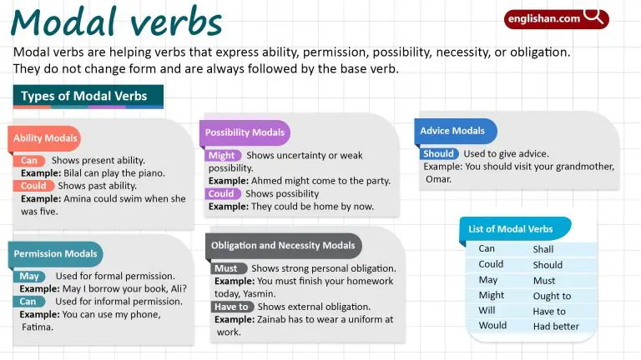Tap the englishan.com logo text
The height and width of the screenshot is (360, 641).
pyautogui.click(x=543, y=17)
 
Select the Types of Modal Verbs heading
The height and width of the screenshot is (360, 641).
pyautogui.click(x=84, y=97)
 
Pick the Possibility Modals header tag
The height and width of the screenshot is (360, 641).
pyautogui.click(x=245, y=132)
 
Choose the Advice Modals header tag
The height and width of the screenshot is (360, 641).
pyautogui.click(x=452, y=131)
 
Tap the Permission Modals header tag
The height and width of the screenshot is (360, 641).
pyautogui.click(x=56, y=253)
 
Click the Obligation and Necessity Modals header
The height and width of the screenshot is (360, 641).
pyautogui.click(x=283, y=246)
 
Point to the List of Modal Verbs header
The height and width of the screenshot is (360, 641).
pyautogui.click(x=511, y=228)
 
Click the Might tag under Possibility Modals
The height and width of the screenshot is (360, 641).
pyautogui.click(x=222, y=156)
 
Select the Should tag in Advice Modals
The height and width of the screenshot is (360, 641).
pyautogui.click(x=439, y=154)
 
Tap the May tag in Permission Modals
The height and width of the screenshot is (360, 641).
pyautogui.click(x=30, y=276)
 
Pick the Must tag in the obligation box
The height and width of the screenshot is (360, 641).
pyautogui.click(x=227, y=269)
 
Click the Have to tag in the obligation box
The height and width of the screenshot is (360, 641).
pyautogui.click(x=231, y=307)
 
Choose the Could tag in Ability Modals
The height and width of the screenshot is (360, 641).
pyautogui.click(x=34, y=186)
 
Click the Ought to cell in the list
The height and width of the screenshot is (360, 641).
pyautogui.click(x=552, y=296)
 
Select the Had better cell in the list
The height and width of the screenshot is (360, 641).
pyautogui.click(x=556, y=327)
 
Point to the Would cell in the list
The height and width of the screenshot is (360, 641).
pyautogui.click(x=492, y=326)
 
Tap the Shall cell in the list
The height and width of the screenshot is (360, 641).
pyautogui.click(x=543, y=249)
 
